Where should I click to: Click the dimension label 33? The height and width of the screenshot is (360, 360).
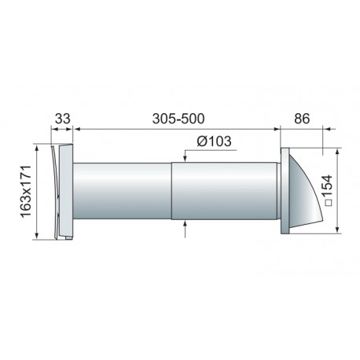(63, 119)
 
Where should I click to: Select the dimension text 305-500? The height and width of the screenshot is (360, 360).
(178, 119)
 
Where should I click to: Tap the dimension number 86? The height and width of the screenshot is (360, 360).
(302, 119)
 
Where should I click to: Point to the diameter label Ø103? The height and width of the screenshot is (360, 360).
(214, 141)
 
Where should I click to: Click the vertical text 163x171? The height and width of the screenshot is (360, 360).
(26, 192)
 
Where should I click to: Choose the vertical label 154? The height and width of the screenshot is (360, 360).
(328, 186)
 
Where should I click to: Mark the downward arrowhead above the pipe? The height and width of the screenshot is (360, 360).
(185, 158)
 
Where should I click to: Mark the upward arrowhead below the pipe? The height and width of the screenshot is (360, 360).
(185, 224)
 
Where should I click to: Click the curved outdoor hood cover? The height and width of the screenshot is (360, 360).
(304, 194)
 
